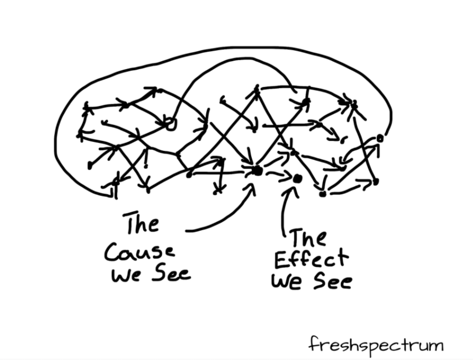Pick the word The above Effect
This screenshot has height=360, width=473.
coord(308,239)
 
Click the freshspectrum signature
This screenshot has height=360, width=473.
coord(375,346)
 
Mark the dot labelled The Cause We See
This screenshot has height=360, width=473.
coord(257,170)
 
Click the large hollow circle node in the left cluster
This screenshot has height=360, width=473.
coord(169,124)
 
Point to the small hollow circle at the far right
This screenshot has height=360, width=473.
coord(379,138)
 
